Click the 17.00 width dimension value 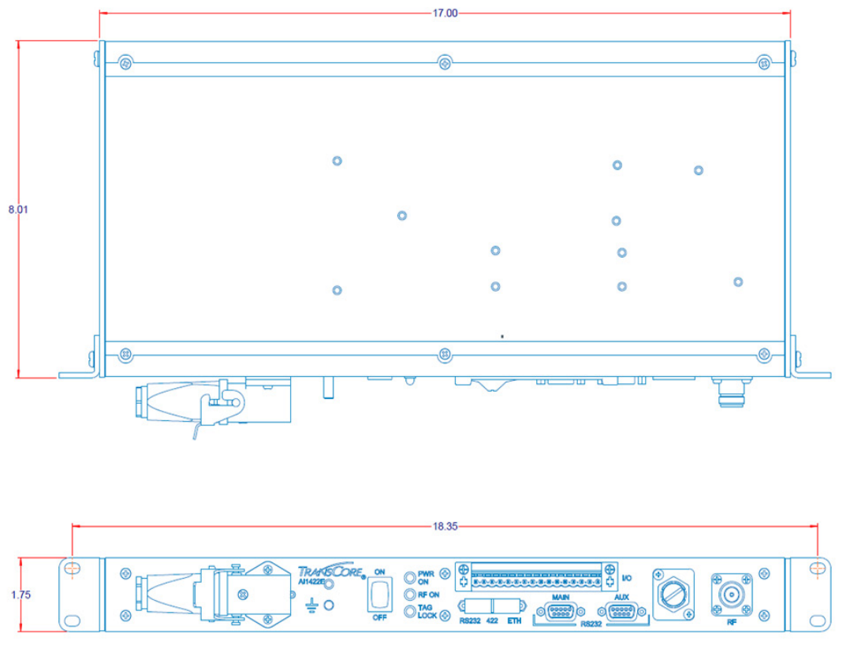(x=445, y=13)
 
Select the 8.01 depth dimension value (x=17, y=209)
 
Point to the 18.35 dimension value (x=445, y=526)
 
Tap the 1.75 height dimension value (x=21, y=596)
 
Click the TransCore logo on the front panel (x=330, y=571)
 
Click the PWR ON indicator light (x=410, y=577)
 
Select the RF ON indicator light (x=410, y=595)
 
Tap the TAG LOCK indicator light (x=410, y=612)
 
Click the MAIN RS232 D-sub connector (x=561, y=611)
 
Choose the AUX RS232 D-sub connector (x=622, y=611)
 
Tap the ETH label (x=515, y=621)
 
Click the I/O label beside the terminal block (x=628, y=577)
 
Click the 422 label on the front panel (x=491, y=621)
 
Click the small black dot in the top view (x=502, y=337)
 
